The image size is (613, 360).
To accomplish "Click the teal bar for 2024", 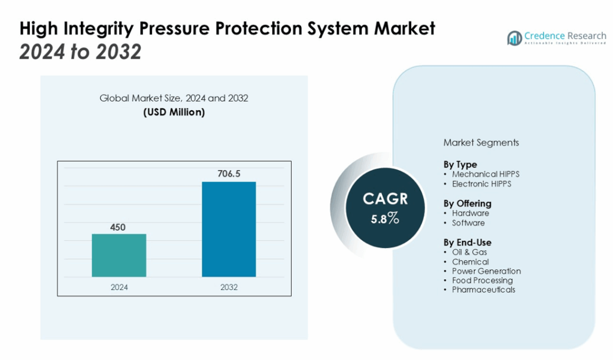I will click(x=119, y=255).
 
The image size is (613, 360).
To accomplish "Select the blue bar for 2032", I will click(x=229, y=229).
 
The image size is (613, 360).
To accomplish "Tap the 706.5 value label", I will click(x=229, y=174).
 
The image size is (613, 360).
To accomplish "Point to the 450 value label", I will click(x=119, y=226).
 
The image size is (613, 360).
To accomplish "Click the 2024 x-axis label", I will click(x=119, y=287).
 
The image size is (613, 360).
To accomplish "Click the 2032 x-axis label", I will click(x=229, y=287).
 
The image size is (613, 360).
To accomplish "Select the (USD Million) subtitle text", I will click(x=174, y=112).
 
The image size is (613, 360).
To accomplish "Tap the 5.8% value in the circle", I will click(x=384, y=218).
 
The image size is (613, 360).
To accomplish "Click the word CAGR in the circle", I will click(x=384, y=199).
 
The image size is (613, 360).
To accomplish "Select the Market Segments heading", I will click(x=481, y=143).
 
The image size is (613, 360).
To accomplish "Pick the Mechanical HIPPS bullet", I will click(x=485, y=174).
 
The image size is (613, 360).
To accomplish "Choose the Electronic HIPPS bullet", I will click(x=482, y=184).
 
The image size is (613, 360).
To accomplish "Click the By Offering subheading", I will click(x=467, y=203).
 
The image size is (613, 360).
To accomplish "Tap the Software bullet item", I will click(x=468, y=223).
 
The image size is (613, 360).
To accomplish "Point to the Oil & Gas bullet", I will click(x=469, y=252).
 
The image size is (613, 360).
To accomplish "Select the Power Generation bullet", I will click(x=486, y=271).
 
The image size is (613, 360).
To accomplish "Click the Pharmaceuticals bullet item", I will click(x=484, y=290).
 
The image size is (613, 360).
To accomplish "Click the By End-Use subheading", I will click(x=467, y=242).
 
